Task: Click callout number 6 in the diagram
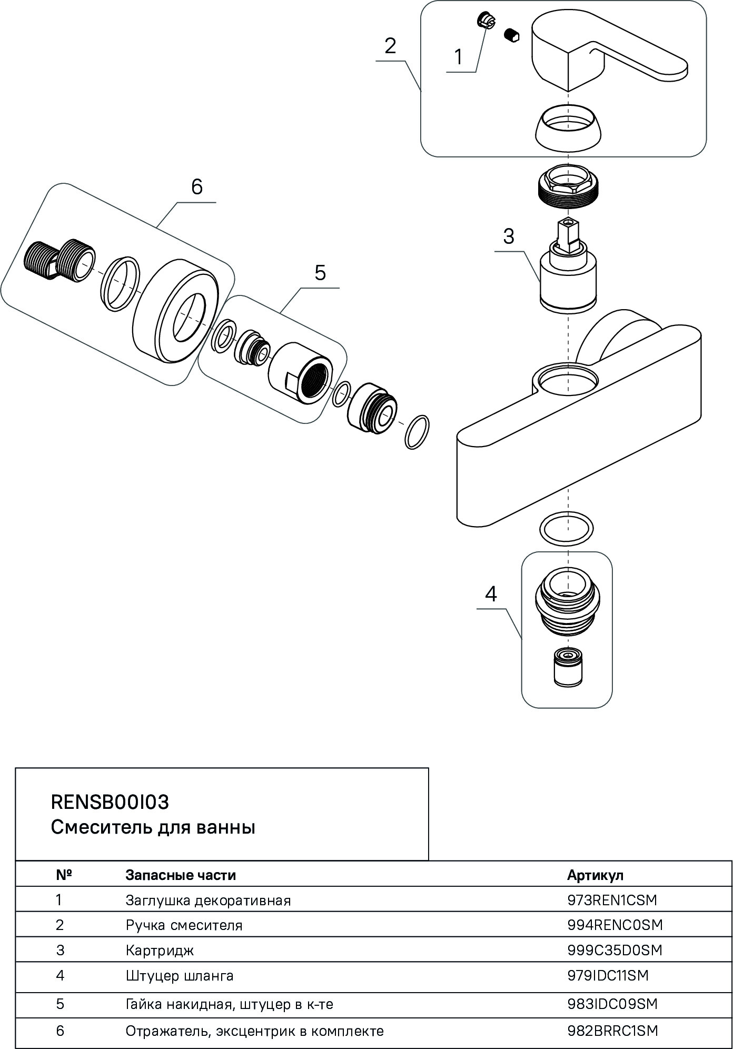point(197,187)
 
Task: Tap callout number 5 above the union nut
point(320,273)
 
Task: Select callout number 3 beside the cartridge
point(508,236)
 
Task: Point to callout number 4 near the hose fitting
point(491,594)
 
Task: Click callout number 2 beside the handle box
point(390,46)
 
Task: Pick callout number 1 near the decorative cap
point(459,56)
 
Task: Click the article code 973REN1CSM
point(612,900)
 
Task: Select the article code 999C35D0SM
point(615,951)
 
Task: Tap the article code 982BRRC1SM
point(612,1031)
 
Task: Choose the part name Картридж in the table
point(160,951)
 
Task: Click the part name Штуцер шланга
point(179,976)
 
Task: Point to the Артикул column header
point(595,875)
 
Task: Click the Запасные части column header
point(180,875)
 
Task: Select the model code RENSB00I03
point(110,802)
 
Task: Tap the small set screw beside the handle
point(511,35)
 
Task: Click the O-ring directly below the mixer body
point(567,528)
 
